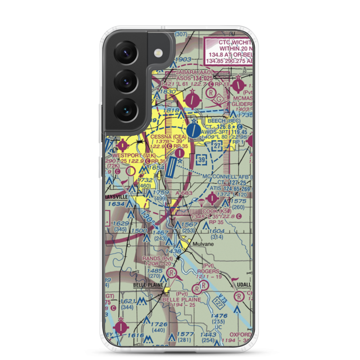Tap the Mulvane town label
(x=203, y=244)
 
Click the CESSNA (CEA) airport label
(x=169, y=137)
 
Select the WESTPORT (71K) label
(x=124, y=155)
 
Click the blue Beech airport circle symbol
(x=194, y=130)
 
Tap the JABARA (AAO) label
(x=191, y=72)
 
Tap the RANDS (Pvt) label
(x=157, y=258)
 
